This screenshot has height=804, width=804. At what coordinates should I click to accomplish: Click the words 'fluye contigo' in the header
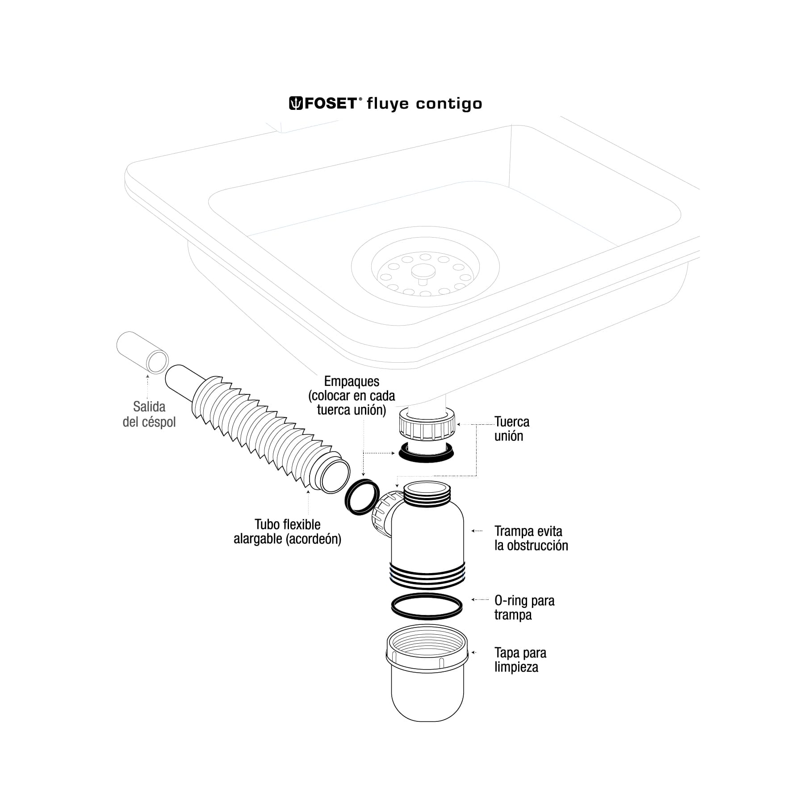[424, 104]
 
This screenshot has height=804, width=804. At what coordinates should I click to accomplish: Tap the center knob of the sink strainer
[423, 271]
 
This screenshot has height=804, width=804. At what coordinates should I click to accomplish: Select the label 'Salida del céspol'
[149, 414]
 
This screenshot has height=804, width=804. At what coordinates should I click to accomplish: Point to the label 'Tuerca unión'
[511, 429]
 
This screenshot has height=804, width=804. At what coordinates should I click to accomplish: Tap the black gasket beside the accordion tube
[362, 497]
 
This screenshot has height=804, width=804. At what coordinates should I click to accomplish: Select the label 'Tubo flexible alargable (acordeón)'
[287, 532]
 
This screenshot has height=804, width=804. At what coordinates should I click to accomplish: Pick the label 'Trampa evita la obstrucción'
[531, 538]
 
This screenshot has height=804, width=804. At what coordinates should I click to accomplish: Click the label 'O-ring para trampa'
[524, 607]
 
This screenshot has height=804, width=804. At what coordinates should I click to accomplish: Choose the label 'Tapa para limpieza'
[520, 660]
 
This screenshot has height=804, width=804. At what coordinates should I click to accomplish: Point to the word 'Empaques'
[352, 381]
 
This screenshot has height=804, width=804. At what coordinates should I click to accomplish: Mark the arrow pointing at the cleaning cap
[474, 653]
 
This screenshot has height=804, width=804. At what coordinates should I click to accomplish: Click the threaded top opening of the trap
[427, 489]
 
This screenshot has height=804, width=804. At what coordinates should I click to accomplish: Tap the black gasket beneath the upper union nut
[427, 453]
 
